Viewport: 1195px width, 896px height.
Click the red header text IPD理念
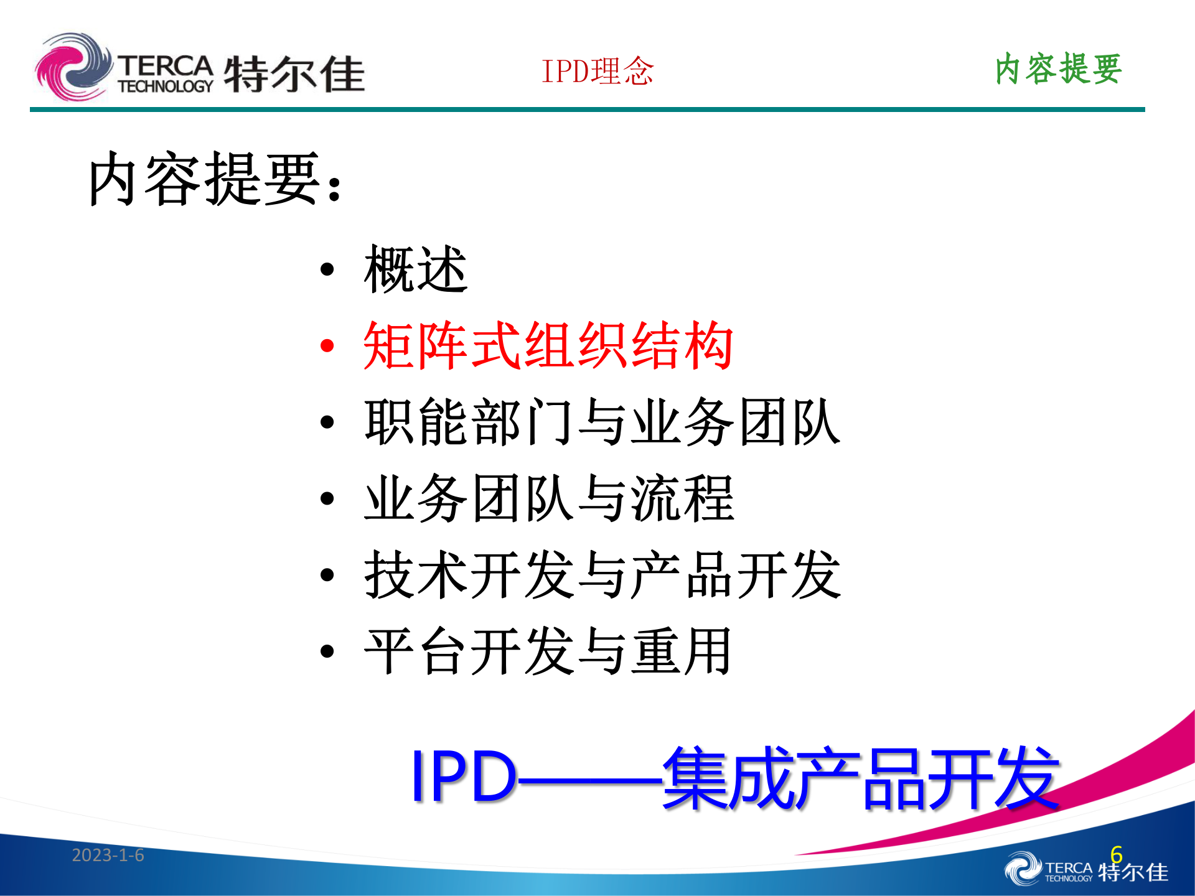click(597, 71)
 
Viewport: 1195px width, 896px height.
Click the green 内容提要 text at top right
click(1058, 68)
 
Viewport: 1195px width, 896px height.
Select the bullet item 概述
click(416, 269)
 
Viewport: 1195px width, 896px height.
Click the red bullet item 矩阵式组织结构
click(548, 346)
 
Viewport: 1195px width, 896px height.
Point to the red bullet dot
click(327, 346)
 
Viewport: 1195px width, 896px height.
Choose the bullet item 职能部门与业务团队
click(602, 422)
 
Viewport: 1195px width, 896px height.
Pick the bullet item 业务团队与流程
click(549, 498)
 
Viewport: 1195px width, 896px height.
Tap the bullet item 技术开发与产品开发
click(602, 575)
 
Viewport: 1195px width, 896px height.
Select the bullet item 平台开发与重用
click(548, 651)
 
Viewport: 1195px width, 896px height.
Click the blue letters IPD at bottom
click(464, 777)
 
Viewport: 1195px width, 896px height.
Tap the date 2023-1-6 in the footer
click(108, 855)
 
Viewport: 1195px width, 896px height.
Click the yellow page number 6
click(1116, 854)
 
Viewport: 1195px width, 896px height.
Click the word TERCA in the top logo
click(166, 65)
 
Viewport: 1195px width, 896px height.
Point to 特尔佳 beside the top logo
click(294, 74)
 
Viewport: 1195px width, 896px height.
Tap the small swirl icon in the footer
click(1022, 869)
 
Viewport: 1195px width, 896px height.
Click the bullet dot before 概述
click(327, 269)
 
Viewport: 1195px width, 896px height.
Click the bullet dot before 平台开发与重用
click(327, 651)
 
